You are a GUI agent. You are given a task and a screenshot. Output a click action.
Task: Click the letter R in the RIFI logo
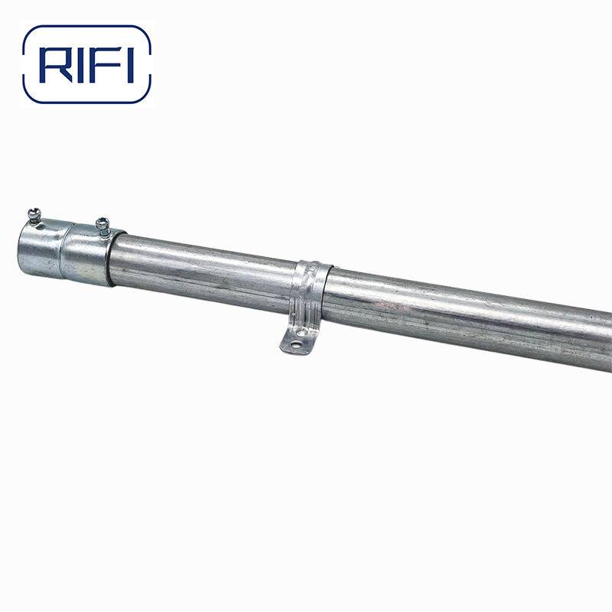pos(57,65)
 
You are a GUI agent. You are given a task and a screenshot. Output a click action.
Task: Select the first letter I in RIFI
pos(81,65)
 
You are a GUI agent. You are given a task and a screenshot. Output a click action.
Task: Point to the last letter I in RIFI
pos(131,65)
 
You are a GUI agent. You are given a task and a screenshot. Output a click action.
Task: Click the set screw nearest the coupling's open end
pos(34,216)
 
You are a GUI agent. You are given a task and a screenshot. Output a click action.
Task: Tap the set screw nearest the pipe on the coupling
pos(103,226)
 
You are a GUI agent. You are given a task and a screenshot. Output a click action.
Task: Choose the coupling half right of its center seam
pos(88,255)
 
